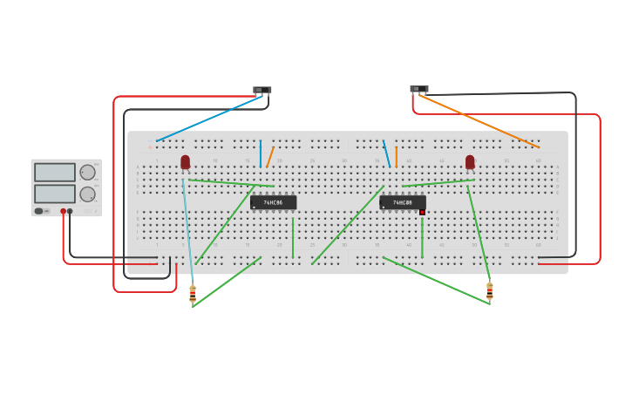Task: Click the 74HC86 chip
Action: (x=273, y=202)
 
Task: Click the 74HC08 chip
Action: (x=402, y=202)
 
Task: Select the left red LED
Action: (x=185, y=161)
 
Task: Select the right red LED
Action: (x=470, y=161)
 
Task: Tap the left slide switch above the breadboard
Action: (x=262, y=90)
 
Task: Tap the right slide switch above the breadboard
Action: (x=419, y=89)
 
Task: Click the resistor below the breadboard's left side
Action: (x=193, y=294)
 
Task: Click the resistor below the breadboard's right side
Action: (x=489, y=291)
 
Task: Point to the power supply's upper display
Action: (x=55, y=173)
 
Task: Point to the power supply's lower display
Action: (x=55, y=193)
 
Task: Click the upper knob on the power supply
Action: (x=87, y=172)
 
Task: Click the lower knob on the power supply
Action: (x=87, y=194)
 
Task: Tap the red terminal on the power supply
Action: (x=63, y=211)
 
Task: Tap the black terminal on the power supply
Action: (x=71, y=211)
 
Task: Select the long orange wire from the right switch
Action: (x=479, y=121)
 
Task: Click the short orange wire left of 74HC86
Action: (x=270, y=157)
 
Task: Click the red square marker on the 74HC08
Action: (x=422, y=212)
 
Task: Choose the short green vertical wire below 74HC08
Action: (x=422, y=237)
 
